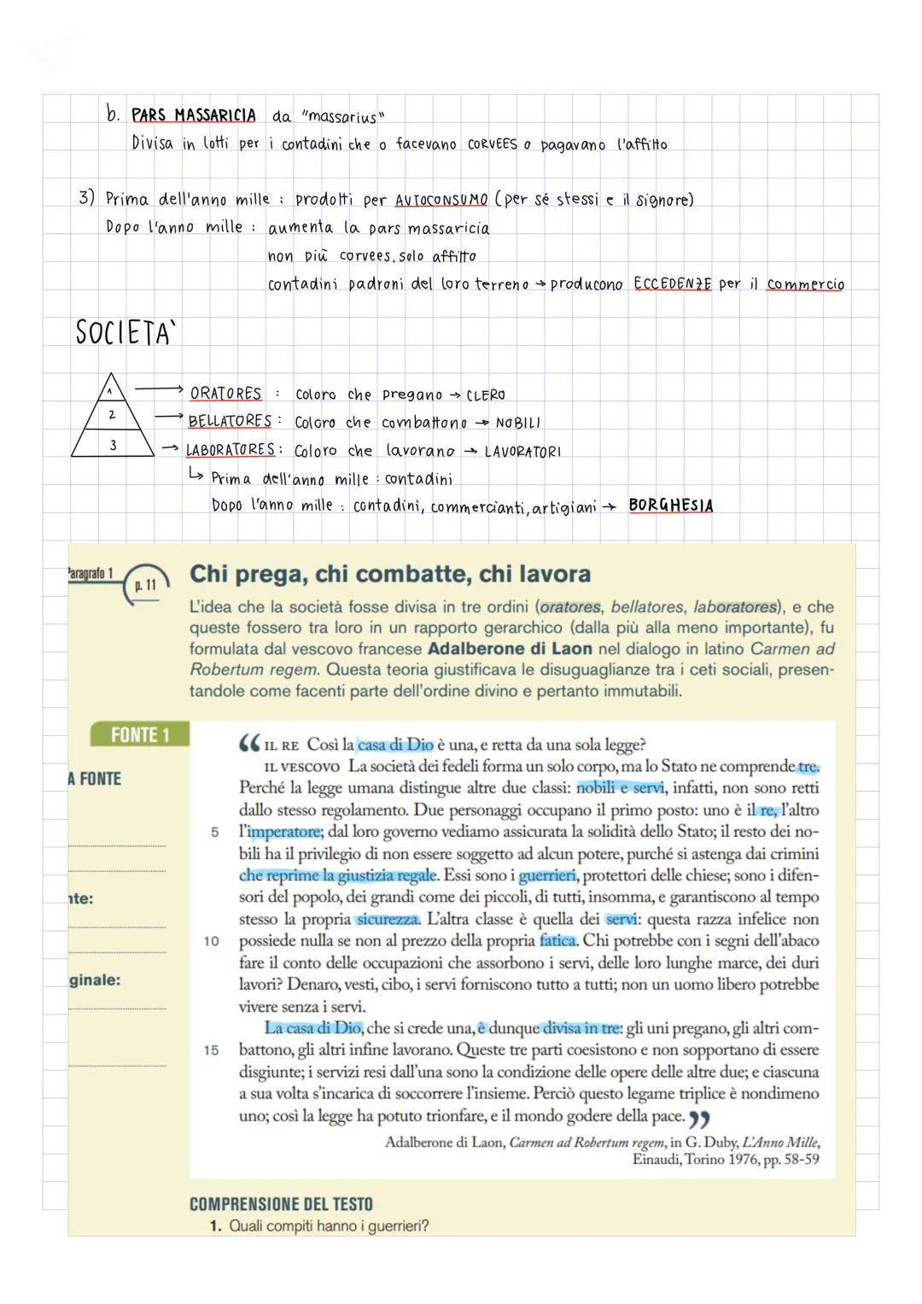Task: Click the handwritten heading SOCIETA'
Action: pyautogui.click(x=123, y=332)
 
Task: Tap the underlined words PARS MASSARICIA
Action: pyautogui.click(x=193, y=115)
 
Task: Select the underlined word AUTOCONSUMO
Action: pyautogui.click(x=441, y=200)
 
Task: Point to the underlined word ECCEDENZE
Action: pyautogui.click(x=672, y=284)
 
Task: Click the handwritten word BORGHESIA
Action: pyautogui.click(x=670, y=506)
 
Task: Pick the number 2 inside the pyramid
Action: pyautogui.click(x=112, y=415)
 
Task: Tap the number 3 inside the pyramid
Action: pyautogui.click(x=113, y=445)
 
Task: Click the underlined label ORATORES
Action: pyautogui.click(x=225, y=394)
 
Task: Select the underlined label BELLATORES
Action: pyautogui.click(x=229, y=422)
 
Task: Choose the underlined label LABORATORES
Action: pyautogui.click(x=230, y=450)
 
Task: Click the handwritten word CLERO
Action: pyautogui.click(x=486, y=395)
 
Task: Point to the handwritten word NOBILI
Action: pyautogui.click(x=517, y=424)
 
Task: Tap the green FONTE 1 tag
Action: pyautogui.click(x=140, y=735)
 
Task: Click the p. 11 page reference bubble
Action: pyautogui.click(x=146, y=586)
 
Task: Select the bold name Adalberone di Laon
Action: pyautogui.click(x=510, y=649)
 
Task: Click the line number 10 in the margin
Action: pyautogui.click(x=211, y=941)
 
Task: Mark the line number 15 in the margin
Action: pyautogui.click(x=211, y=1050)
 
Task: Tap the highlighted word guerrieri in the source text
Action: pyautogui.click(x=547, y=875)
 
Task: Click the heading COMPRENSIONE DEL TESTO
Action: pyautogui.click(x=281, y=1204)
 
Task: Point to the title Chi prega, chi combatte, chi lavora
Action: pyautogui.click(x=390, y=574)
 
